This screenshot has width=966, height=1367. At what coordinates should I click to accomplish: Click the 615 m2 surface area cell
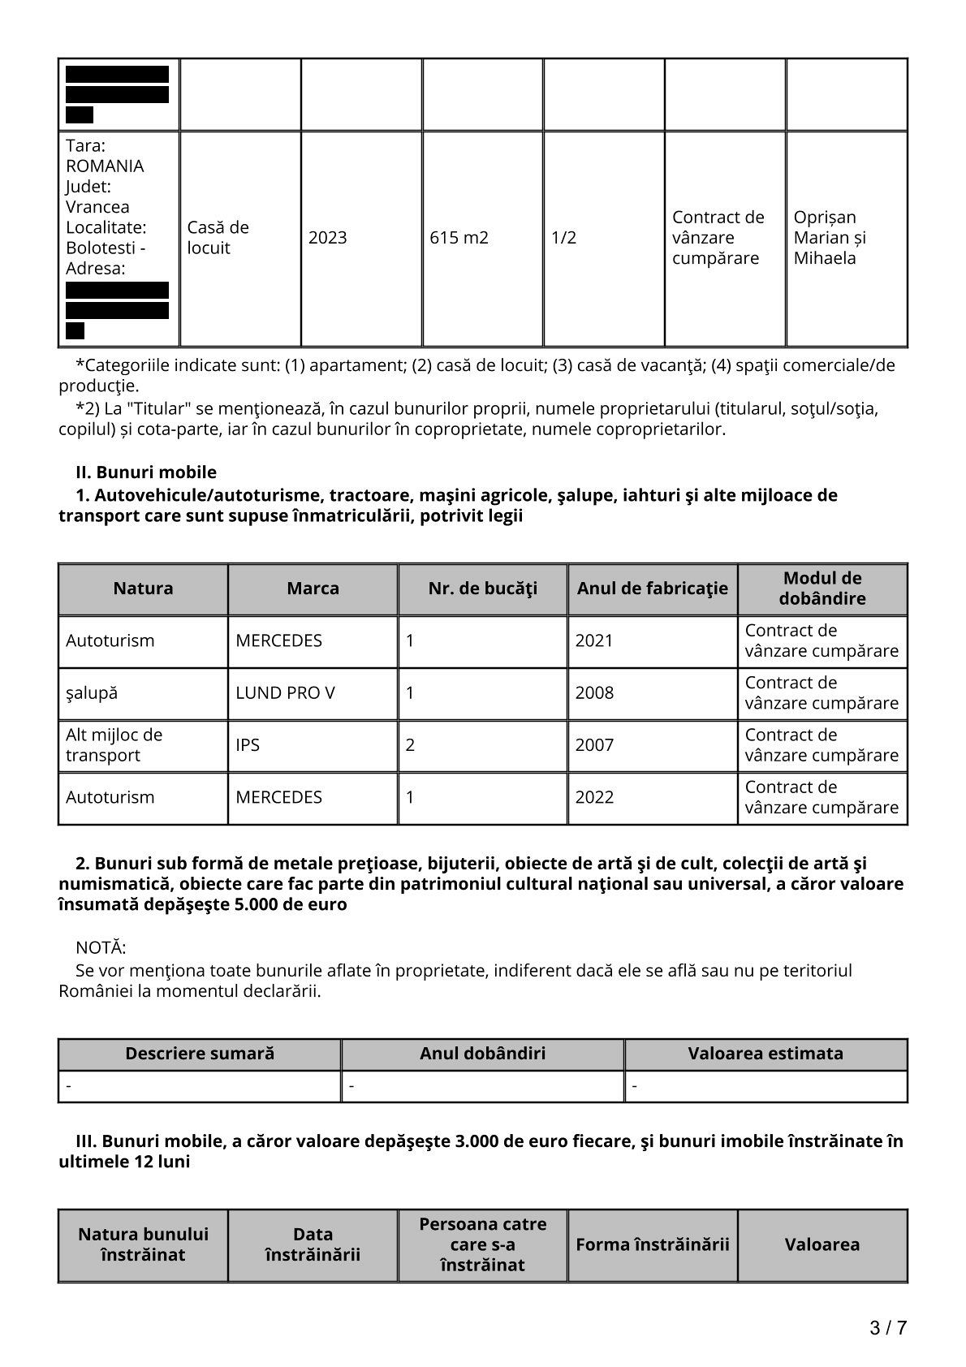tap(459, 238)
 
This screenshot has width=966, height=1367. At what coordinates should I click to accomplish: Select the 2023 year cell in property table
tap(327, 238)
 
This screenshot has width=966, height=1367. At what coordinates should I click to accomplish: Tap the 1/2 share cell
tap(563, 238)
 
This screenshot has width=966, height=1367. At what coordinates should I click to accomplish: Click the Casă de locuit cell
tap(218, 238)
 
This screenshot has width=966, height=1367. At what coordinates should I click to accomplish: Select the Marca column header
tap(313, 589)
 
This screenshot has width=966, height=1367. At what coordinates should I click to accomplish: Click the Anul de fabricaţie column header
tap(652, 589)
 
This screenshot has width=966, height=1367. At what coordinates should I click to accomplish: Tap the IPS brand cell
tap(248, 745)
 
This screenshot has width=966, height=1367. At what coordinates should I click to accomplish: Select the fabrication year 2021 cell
tap(594, 640)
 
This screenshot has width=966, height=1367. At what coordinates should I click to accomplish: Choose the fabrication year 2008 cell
tap(594, 693)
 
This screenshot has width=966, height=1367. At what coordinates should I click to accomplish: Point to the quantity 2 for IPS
tap(410, 745)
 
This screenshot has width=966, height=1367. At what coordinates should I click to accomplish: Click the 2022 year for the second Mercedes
tap(594, 797)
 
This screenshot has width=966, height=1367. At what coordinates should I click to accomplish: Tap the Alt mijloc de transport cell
tap(114, 745)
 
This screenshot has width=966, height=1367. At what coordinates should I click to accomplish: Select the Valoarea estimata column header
tap(765, 1054)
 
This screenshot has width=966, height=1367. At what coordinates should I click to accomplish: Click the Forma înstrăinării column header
tap(652, 1244)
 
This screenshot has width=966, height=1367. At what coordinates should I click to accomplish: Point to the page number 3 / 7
tap(887, 1328)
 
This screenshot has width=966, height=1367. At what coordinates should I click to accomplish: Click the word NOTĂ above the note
tap(101, 948)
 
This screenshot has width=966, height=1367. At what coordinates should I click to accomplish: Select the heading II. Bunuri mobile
tap(146, 472)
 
